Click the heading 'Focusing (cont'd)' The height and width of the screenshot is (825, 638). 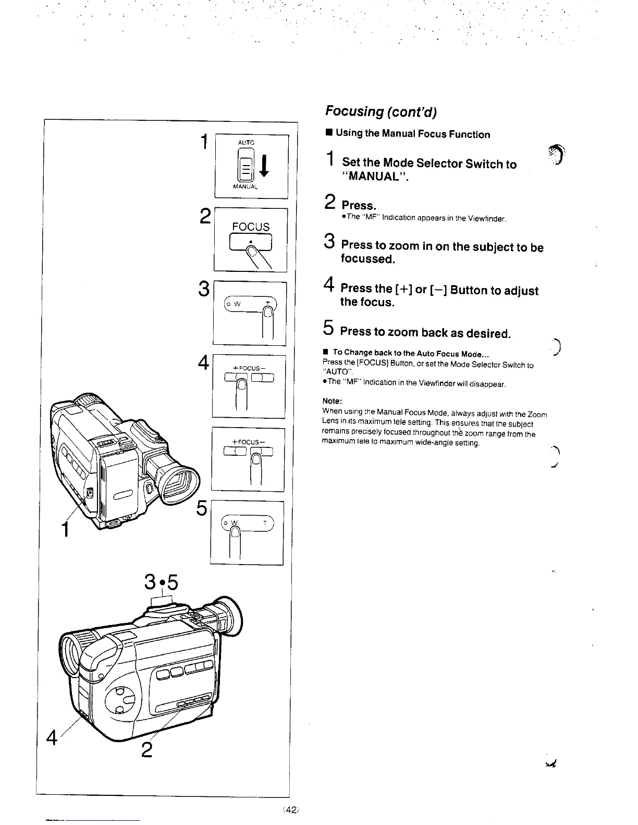click(381, 111)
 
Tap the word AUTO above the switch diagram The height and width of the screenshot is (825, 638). click(246, 142)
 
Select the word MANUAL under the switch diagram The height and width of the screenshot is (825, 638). click(246, 186)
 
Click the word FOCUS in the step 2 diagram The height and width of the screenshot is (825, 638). click(251, 227)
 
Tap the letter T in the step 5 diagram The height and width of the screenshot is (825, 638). click(265, 523)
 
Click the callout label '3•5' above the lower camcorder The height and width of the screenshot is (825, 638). click(162, 582)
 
